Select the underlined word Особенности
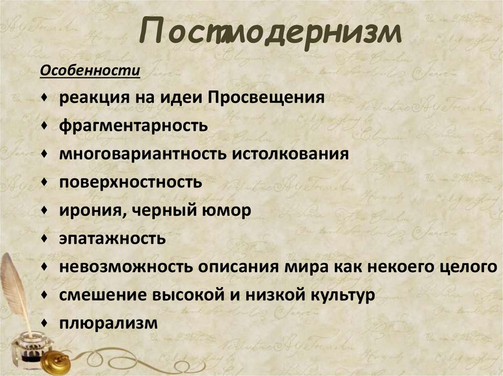90,71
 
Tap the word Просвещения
266,97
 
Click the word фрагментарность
134,125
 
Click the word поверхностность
131,182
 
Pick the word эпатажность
112,239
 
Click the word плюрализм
109,324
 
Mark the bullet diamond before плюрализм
45,323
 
